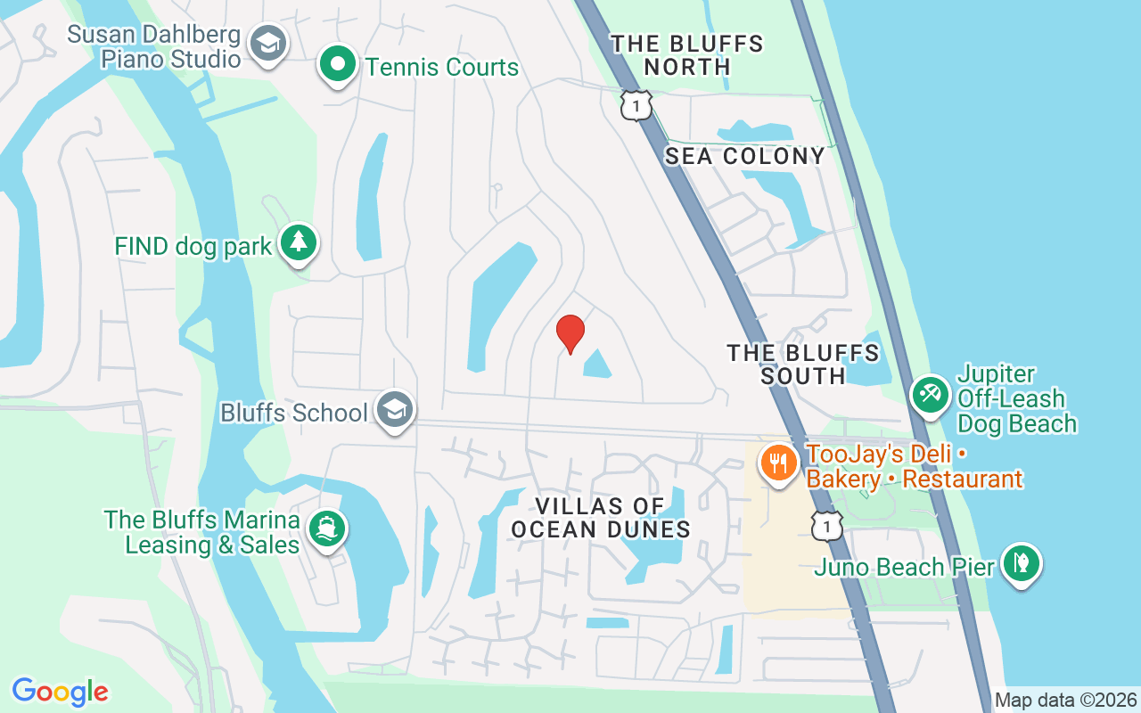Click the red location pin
(570, 332)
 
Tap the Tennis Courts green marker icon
(338, 65)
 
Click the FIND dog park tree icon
(299, 242)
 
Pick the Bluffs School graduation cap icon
(394, 410)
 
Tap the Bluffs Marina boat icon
(327, 529)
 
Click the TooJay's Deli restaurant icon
(778, 463)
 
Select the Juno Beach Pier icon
(1021, 563)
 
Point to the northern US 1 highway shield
(636, 106)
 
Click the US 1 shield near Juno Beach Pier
(826, 526)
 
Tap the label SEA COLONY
(745, 156)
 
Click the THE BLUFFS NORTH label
(687, 55)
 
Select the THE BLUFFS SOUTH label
(803, 365)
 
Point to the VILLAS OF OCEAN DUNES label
(601, 518)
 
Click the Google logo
(60, 692)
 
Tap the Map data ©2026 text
(1065, 700)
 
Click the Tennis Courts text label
(442, 67)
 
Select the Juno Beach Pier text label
(905, 567)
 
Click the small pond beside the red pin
(595, 364)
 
